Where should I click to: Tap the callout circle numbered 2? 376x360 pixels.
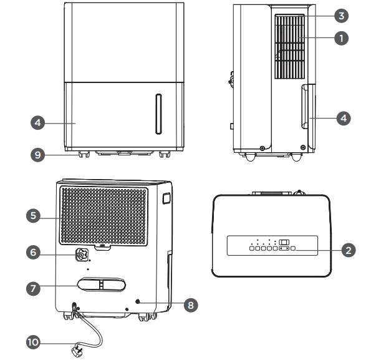coord(349,250)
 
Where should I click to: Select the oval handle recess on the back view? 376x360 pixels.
coord(99,286)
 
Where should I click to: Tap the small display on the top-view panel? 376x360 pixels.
coord(284,241)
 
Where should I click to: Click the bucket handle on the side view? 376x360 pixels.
coord(304,107)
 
